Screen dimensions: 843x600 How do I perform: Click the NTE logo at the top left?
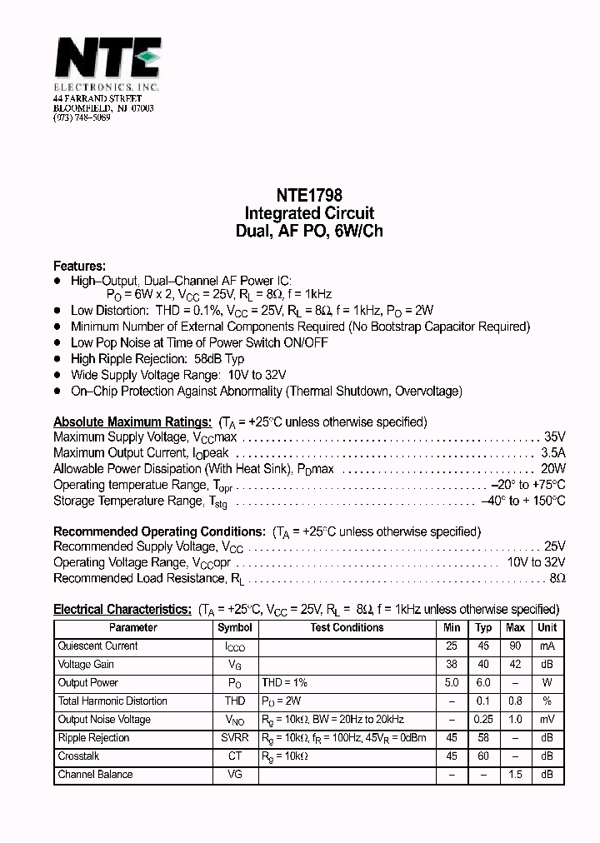[107, 61]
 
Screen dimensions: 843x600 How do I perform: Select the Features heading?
[79, 266]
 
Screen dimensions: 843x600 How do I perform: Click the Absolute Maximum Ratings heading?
[132, 421]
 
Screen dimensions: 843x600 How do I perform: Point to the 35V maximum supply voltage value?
[554, 436]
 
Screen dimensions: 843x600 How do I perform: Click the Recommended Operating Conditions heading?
[159, 531]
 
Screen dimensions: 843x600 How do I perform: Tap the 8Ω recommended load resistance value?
[557, 578]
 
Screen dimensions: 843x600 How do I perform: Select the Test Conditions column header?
[347, 628]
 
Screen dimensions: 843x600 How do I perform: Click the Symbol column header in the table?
[235, 628]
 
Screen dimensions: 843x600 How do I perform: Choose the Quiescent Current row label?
[97, 646]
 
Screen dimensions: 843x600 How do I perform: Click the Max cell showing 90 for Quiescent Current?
[516, 646]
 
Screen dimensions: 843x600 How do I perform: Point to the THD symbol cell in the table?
[235, 701]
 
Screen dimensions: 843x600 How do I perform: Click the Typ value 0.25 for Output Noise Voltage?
[483, 720]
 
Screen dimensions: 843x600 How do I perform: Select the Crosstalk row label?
[80, 756]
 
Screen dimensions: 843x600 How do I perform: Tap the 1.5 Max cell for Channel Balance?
[516, 775]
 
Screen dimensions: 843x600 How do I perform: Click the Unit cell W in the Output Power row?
[547, 683]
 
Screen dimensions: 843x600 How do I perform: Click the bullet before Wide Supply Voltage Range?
[57, 375]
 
